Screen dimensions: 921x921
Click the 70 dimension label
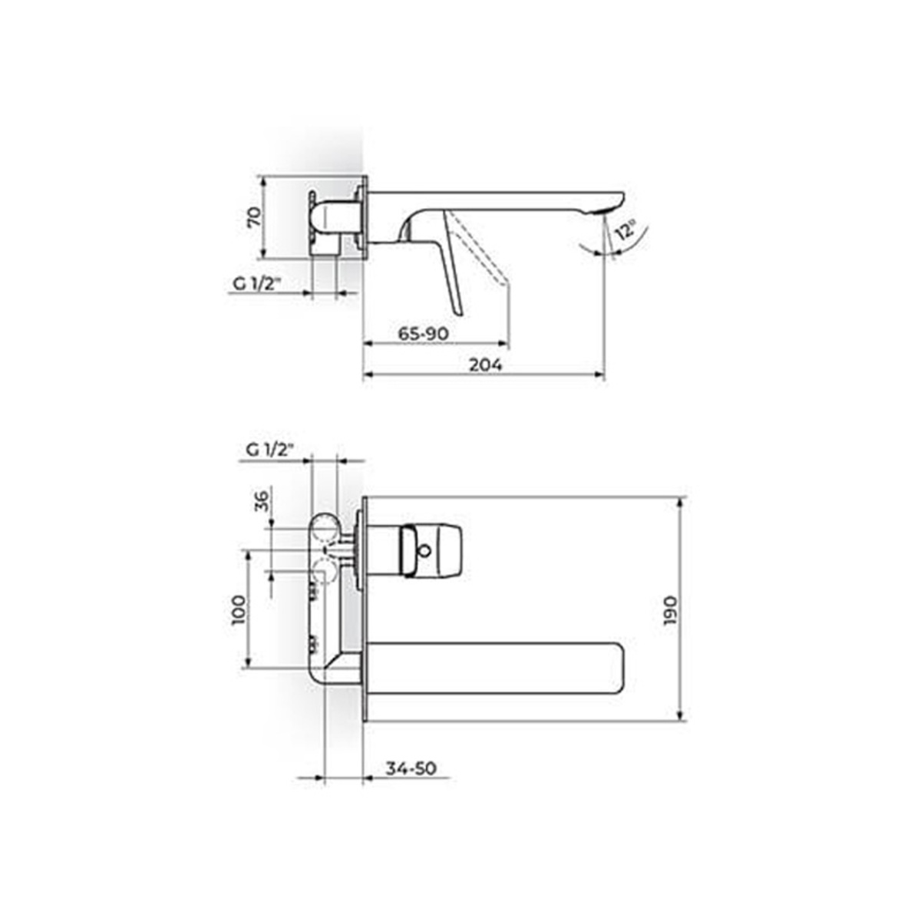(256, 217)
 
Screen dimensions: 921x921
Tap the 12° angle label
(626, 230)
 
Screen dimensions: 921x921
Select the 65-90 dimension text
(424, 334)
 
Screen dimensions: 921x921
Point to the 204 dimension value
(485, 365)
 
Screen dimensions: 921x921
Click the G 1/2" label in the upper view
(256, 284)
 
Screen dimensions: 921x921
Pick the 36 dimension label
(262, 502)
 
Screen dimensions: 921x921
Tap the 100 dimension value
(239, 610)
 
